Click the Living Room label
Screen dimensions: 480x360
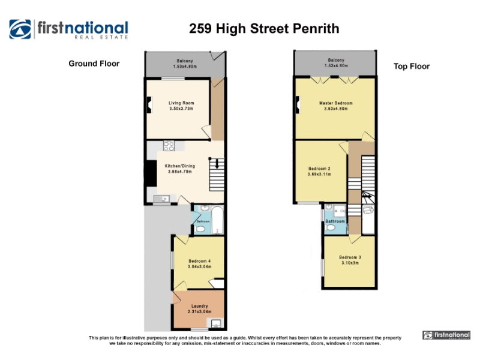(x=181, y=103)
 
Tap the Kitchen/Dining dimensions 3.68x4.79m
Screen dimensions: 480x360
(x=179, y=172)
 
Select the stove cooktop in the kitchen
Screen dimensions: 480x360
(x=169, y=146)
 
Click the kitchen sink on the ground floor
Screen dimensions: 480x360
(x=162, y=199)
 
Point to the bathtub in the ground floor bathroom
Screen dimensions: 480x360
(x=217, y=220)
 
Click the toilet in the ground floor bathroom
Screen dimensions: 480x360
(x=200, y=229)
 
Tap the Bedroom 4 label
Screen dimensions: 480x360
(x=200, y=261)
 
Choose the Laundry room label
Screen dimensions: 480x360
(x=200, y=306)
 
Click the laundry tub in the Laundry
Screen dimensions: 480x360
(x=216, y=323)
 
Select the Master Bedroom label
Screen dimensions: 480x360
(x=336, y=103)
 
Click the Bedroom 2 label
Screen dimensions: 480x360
(x=319, y=169)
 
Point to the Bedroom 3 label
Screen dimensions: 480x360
(x=350, y=257)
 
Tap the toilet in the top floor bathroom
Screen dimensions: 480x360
(x=331, y=228)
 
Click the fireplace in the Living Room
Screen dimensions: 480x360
(x=149, y=105)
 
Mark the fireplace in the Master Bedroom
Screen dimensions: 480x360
(x=297, y=104)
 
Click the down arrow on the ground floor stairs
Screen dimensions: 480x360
(x=217, y=164)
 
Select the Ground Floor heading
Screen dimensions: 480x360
(x=94, y=64)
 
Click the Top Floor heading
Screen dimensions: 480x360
(x=412, y=67)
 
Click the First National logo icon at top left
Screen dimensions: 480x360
(x=20, y=29)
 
